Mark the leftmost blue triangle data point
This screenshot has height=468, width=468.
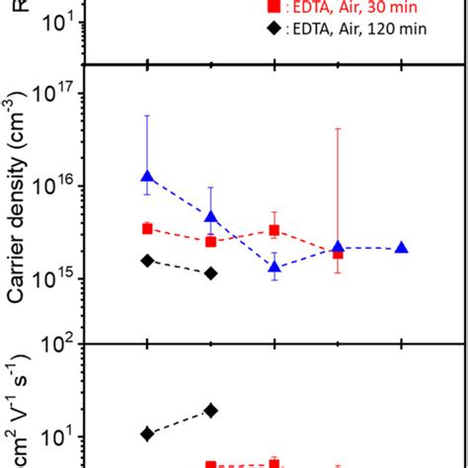click(147, 177)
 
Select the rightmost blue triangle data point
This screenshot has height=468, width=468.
click(402, 247)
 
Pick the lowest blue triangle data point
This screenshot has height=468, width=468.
click(274, 267)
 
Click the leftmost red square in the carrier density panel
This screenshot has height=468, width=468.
click(147, 228)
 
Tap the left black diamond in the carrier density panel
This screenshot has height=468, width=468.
click(147, 261)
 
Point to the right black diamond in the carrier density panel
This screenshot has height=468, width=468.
click(211, 273)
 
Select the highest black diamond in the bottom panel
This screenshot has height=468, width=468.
click(211, 411)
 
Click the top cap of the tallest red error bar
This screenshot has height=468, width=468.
click(339, 128)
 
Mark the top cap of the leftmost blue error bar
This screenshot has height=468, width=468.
click(147, 116)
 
